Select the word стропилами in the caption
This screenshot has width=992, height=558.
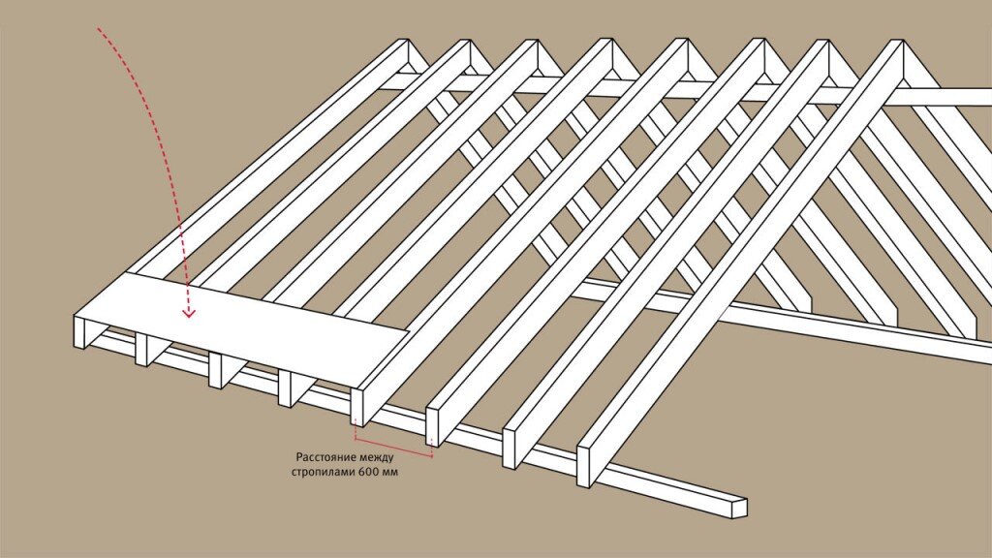[x=323, y=473]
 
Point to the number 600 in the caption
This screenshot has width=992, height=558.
[x=368, y=472]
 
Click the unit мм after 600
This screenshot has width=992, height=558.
[x=390, y=473]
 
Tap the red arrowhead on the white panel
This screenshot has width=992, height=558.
[x=189, y=312]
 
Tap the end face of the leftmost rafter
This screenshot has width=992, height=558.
[x=80, y=331]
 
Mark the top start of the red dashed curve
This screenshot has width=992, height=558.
[x=98, y=28]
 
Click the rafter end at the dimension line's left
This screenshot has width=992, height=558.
[x=356, y=407]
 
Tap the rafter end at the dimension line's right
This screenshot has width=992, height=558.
[x=433, y=427]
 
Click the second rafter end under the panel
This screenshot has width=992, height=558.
[x=141, y=349]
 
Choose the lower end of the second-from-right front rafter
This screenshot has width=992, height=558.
[x=510, y=449]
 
